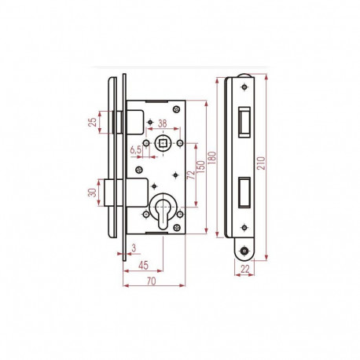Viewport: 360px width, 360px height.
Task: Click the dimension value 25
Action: point(93,122)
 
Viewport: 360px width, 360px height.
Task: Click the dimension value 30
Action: point(93,192)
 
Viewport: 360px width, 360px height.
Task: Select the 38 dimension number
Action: point(162,123)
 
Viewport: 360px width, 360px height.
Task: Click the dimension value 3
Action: point(134,248)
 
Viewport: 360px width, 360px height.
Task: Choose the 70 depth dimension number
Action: point(150,279)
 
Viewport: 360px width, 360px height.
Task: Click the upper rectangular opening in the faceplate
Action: point(242,116)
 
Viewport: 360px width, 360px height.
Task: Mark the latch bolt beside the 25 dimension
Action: point(116,122)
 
